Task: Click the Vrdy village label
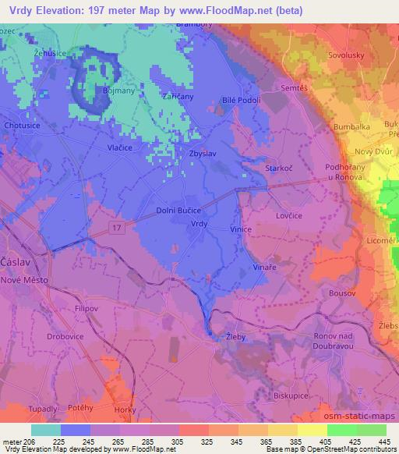[x=199, y=223]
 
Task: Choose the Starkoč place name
[x=280, y=168]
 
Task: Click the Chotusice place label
[x=23, y=125]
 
